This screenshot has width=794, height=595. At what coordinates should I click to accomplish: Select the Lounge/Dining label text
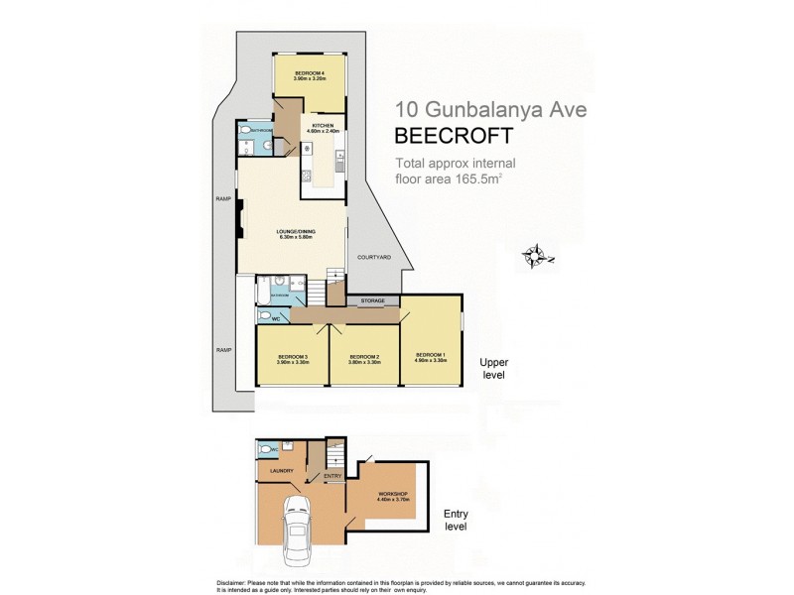tap(296, 233)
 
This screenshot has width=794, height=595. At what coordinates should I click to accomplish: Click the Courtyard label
tap(374, 257)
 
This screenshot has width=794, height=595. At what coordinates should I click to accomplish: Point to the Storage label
tap(373, 299)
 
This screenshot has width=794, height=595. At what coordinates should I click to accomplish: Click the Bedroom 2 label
tap(364, 359)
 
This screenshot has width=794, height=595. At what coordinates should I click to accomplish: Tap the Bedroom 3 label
tap(293, 359)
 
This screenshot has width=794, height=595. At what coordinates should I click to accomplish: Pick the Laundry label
tap(282, 472)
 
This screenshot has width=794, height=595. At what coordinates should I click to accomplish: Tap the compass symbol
tap(537, 256)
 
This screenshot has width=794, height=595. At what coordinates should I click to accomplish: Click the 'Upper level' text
tap(493, 369)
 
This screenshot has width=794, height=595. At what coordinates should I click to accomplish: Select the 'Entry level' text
tap(456, 521)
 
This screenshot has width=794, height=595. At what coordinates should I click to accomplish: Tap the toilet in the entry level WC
tap(263, 449)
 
